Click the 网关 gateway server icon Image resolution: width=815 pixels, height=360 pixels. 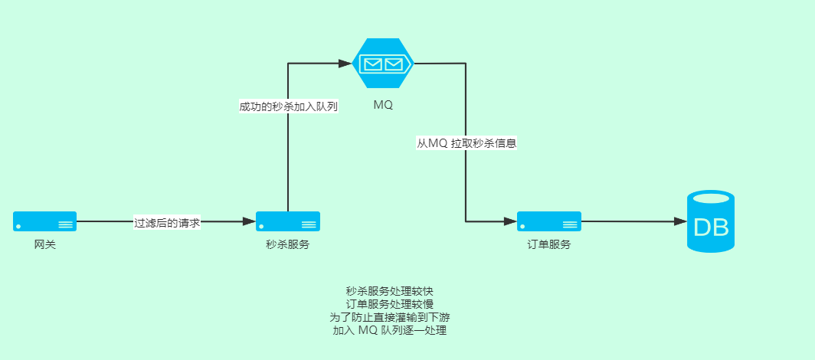[x=44, y=221]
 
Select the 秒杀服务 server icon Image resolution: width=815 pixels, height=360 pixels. [x=287, y=221]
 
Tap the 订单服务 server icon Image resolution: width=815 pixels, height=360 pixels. [x=548, y=221]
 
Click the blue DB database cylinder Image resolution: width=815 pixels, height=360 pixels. [x=710, y=221]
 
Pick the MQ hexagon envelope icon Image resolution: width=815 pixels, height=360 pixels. [x=383, y=64]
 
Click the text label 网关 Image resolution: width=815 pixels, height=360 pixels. [x=44, y=245]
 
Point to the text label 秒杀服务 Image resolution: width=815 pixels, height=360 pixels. [x=287, y=245]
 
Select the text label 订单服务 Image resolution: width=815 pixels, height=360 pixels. [x=548, y=245]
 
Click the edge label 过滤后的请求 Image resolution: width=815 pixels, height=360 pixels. [x=167, y=222]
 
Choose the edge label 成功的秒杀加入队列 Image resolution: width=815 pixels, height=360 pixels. [x=288, y=107]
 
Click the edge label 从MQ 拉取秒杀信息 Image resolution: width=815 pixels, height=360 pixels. [x=466, y=143]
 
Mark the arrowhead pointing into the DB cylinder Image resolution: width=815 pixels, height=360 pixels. [x=680, y=221]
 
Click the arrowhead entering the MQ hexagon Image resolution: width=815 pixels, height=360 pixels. [x=346, y=64]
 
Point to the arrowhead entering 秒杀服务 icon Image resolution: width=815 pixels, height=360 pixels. [x=249, y=221]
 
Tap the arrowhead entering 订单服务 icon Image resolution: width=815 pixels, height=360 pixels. [x=510, y=221]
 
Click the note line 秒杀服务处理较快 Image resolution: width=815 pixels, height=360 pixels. [x=389, y=292]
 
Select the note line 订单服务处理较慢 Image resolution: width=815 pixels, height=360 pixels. [x=389, y=305]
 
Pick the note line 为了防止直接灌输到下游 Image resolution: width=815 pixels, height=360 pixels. [x=389, y=318]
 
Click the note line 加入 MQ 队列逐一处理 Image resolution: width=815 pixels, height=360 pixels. [x=389, y=331]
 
